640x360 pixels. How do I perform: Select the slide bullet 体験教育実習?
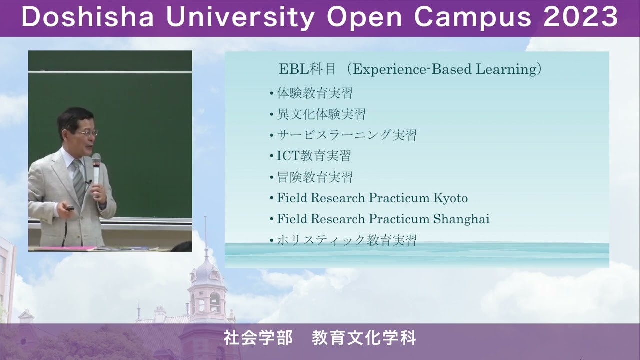315,93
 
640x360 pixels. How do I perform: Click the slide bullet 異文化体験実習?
321,114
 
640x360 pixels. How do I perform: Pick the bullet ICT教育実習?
314,156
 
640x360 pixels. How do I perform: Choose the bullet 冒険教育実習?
315,177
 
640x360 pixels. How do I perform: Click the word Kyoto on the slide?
450,198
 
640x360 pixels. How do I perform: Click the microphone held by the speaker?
96,163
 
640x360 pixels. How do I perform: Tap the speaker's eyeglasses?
87,133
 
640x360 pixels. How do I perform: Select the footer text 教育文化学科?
364,338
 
